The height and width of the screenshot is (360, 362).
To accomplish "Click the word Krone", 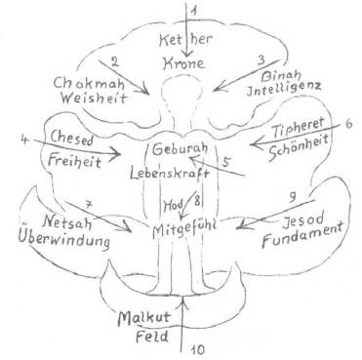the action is coord(183,62).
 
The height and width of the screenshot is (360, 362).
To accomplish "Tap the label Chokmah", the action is coord(89,83).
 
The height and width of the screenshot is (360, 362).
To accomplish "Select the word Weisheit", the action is coord(94,98).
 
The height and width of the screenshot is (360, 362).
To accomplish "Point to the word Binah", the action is coord(281,76).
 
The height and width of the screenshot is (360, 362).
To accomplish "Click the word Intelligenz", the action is coord(284,89).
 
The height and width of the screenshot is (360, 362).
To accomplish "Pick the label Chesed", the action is coord(72,139).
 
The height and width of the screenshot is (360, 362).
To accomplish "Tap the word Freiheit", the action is coord(75,160).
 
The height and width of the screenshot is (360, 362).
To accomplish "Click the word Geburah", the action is coord(180,149).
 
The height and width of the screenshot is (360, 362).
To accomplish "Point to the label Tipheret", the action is coord(298,129).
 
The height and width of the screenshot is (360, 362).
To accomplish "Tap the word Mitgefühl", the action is coord(184,228).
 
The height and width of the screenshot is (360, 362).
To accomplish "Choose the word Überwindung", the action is coord(64,240).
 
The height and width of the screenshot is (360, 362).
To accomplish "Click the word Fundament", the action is coord(302,236).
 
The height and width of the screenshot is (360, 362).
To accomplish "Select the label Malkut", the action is coord(144,318).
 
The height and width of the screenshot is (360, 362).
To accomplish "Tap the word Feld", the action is coord(152,336).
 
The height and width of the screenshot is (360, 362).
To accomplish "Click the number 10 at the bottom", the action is coord(197,350).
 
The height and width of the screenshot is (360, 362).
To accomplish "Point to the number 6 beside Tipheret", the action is coord(348,125).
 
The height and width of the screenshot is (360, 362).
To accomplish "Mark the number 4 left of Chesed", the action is coord(25,140).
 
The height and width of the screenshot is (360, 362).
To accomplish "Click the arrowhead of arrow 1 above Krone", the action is coord(187,55).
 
